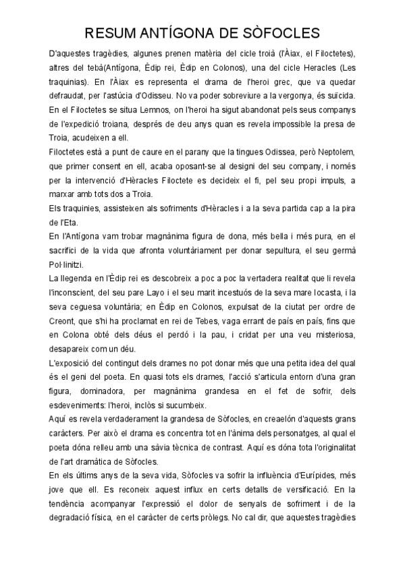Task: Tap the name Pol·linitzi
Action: (x=68, y=264)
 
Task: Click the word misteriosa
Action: (x=329, y=335)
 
